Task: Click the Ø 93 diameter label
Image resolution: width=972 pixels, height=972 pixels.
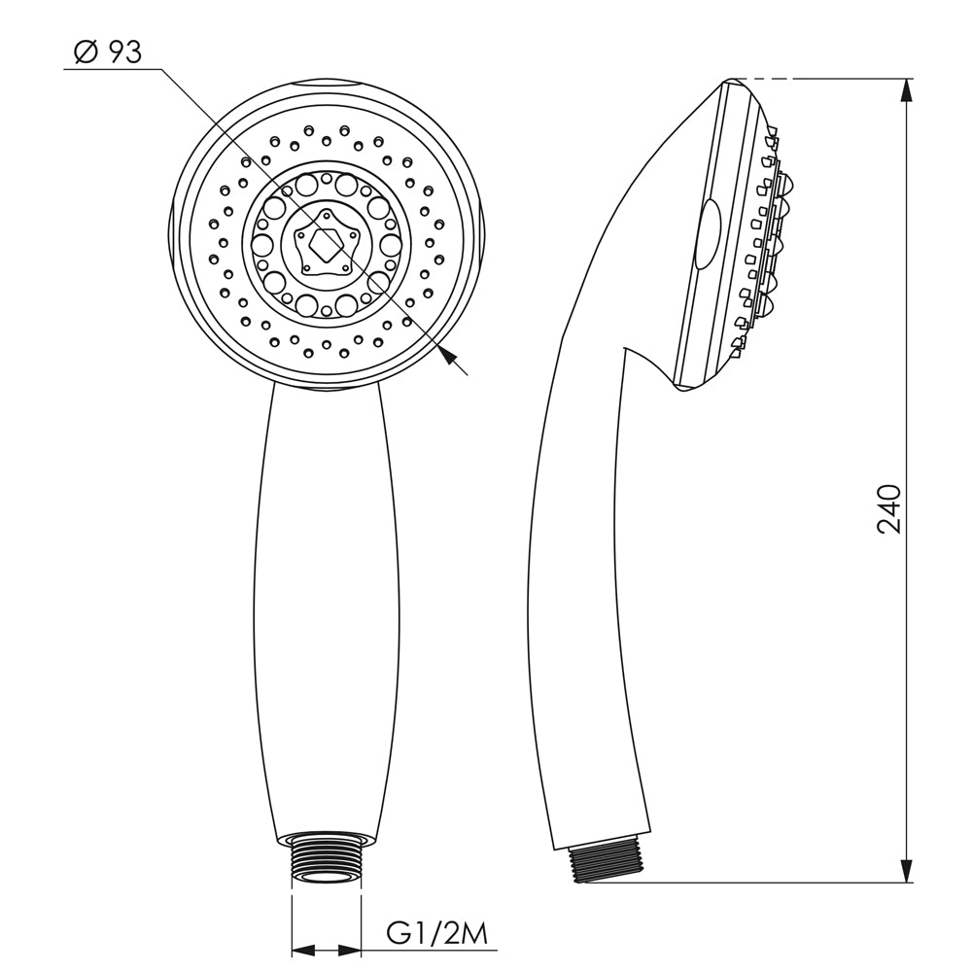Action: click(x=108, y=52)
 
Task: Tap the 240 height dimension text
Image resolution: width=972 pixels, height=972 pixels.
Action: click(x=888, y=509)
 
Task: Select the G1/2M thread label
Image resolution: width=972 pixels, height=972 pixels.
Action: click(x=437, y=935)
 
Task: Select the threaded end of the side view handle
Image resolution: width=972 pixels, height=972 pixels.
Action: click(x=608, y=861)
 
